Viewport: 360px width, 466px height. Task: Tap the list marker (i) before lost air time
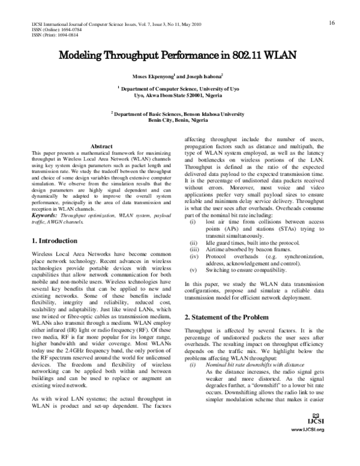191,222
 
